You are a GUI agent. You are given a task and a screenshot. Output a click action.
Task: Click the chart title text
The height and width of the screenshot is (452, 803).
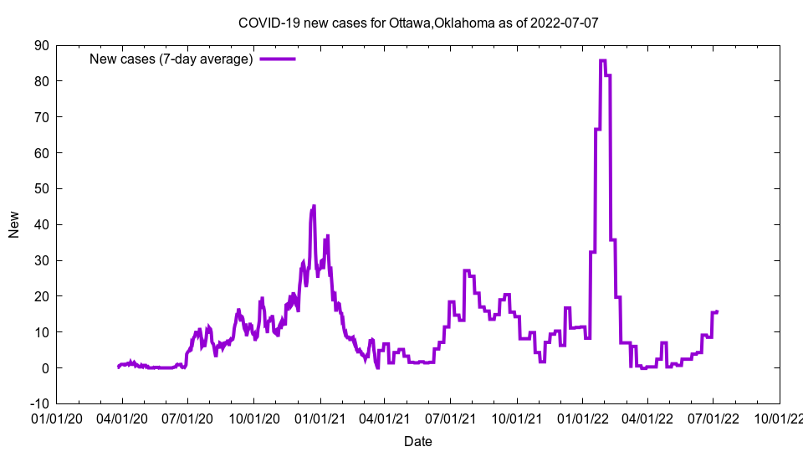(x=418, y=23)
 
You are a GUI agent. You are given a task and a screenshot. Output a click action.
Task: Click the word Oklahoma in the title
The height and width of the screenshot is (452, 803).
(x=463, y=23)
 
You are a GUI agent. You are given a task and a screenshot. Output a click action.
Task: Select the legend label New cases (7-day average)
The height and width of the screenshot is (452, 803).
(x=171, y=59)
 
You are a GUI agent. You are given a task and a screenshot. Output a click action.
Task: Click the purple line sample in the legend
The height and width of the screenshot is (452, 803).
(x=278, y=59)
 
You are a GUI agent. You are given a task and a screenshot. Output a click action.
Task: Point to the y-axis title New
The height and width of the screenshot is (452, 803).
(x=14, y=224)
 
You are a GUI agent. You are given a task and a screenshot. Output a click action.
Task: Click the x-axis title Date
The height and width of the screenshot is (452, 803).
(x=418, y=441)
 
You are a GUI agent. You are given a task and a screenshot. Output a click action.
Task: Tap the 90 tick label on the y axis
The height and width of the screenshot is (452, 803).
(x=41, y=45)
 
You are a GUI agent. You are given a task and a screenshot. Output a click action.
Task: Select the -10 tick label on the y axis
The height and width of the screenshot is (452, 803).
(x=38, y=403)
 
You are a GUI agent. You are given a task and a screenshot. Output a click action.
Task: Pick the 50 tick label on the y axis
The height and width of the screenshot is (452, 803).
(x=41, y=188)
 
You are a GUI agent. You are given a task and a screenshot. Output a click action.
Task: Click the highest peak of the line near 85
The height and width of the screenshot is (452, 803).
(x=602, y=60)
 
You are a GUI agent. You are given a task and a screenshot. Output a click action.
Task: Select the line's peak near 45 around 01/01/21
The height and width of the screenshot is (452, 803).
(x=314, y=206)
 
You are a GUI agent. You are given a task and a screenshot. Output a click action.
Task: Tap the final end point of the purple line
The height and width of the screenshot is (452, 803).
(x=718, y=311)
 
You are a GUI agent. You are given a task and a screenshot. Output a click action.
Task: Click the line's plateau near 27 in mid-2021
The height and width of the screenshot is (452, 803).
(x=466, y=270)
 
